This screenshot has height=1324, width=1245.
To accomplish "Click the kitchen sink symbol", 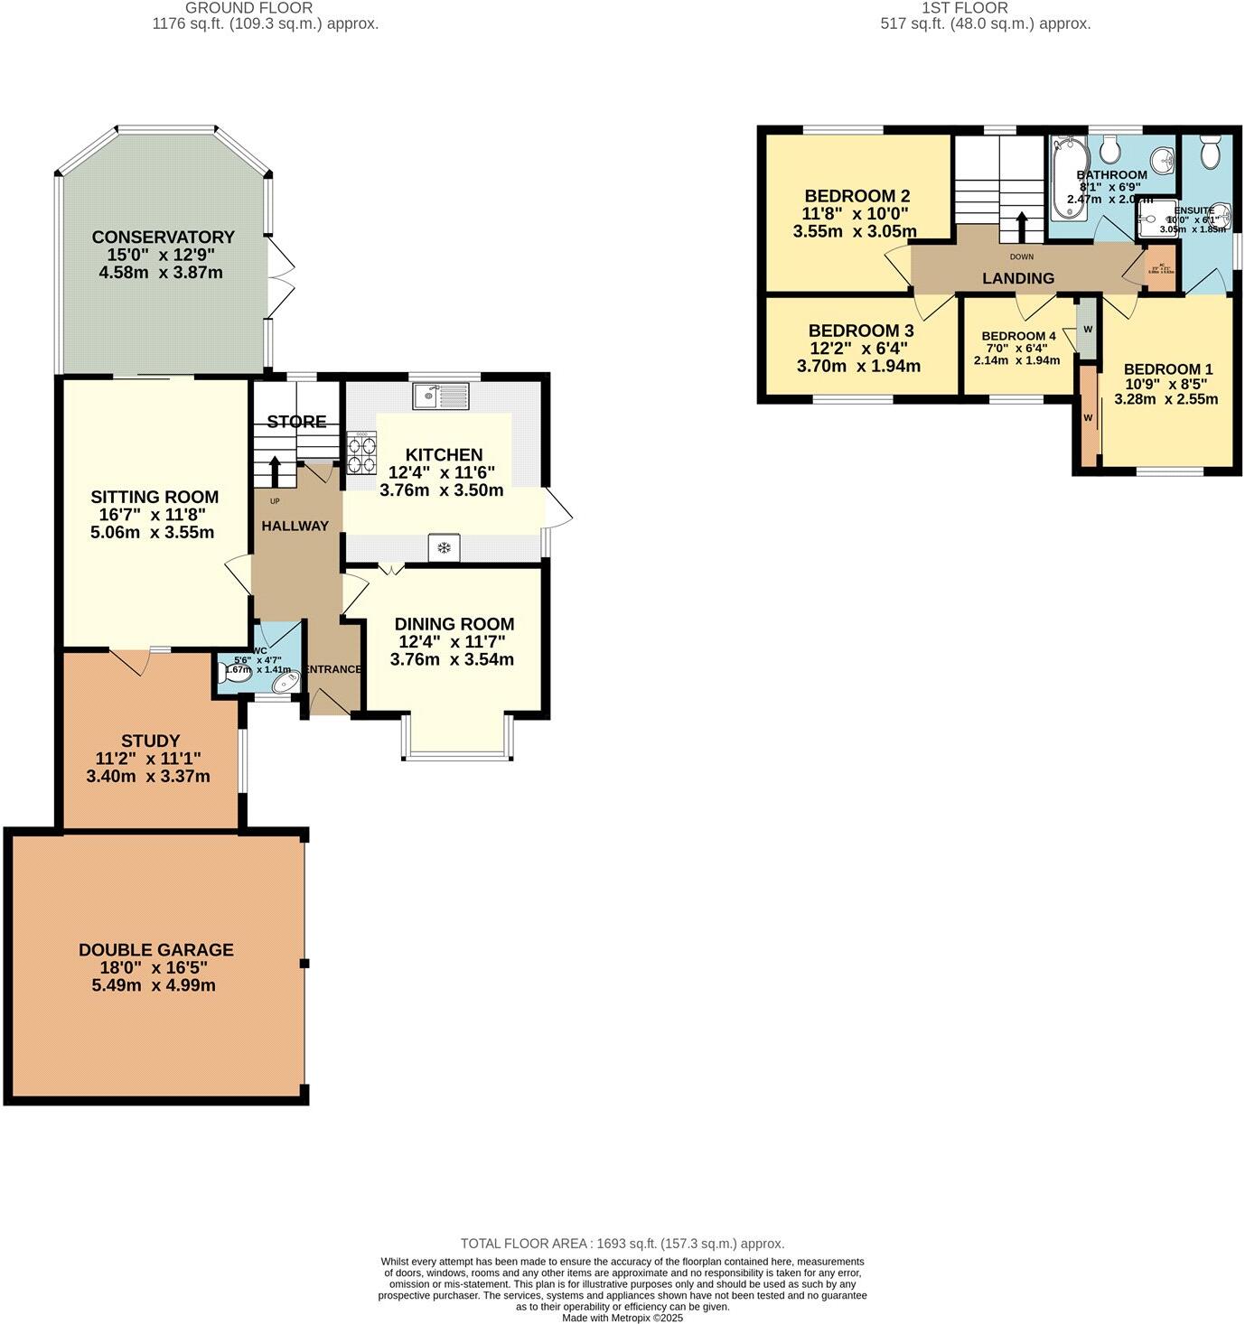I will (440, 395).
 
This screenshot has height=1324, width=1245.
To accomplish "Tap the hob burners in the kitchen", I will (362, 453).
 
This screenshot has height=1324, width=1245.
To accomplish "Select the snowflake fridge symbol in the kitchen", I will (444, 547).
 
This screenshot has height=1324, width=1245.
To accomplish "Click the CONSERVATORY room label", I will (163, 238).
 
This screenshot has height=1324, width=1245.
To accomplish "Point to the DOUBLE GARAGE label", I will (155, 949).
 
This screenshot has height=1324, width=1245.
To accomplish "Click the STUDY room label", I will (151, 741).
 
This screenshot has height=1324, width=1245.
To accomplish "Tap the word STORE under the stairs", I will (296, 422).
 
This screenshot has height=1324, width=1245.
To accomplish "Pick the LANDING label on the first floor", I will (1018, 278).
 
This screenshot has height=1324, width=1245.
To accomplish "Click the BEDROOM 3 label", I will (860, 331).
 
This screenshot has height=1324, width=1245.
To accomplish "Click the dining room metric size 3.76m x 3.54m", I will (452, 659).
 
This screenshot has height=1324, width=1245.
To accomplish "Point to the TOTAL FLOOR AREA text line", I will (622, 1244).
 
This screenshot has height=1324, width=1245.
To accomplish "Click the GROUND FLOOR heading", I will (248, 8).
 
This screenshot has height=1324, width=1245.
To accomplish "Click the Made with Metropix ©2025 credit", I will (622, 1318).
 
